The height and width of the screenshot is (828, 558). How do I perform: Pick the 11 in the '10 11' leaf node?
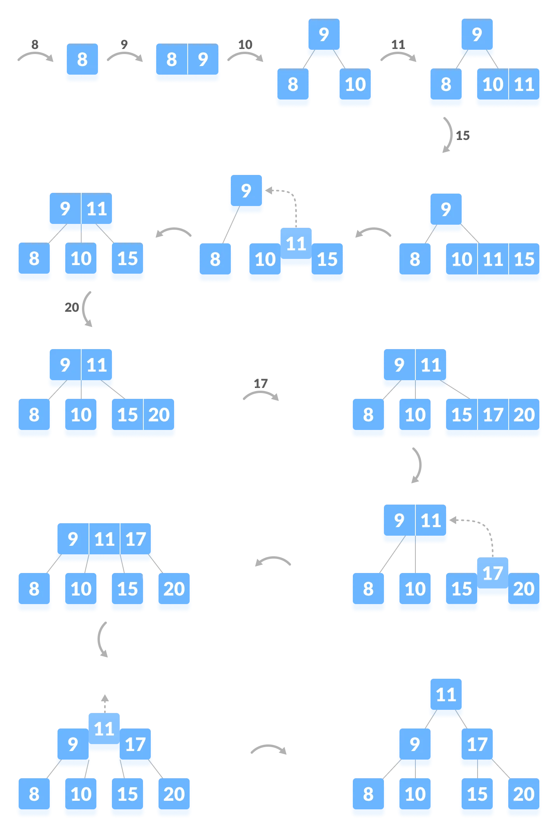524,85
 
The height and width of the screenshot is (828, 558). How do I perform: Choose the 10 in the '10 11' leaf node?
493,85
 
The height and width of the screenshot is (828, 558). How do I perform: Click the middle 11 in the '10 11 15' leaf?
493,259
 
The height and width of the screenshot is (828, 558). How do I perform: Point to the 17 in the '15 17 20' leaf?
493,415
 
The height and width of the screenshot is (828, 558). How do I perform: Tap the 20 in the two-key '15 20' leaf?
159,415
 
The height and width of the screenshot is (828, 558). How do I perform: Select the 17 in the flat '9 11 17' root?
136,539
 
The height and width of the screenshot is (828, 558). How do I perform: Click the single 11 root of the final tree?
446,695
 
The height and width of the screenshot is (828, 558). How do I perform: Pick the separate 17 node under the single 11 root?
477,744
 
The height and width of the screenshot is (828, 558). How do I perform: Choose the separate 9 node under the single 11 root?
415,744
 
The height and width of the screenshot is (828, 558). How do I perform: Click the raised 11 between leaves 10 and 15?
296,244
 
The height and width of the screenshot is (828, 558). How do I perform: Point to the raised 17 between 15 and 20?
493,573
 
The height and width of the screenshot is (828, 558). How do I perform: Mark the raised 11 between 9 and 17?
104,729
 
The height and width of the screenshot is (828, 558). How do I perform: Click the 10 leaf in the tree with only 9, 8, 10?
355,85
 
